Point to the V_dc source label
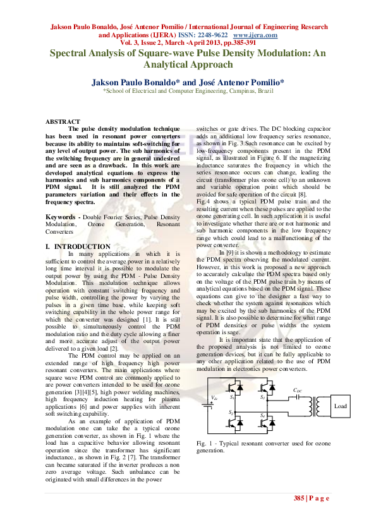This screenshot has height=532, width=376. click(x=215, y=397)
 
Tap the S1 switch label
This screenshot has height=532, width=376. click(x=232, y=398)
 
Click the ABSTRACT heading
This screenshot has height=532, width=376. click(x=63, y=121)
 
